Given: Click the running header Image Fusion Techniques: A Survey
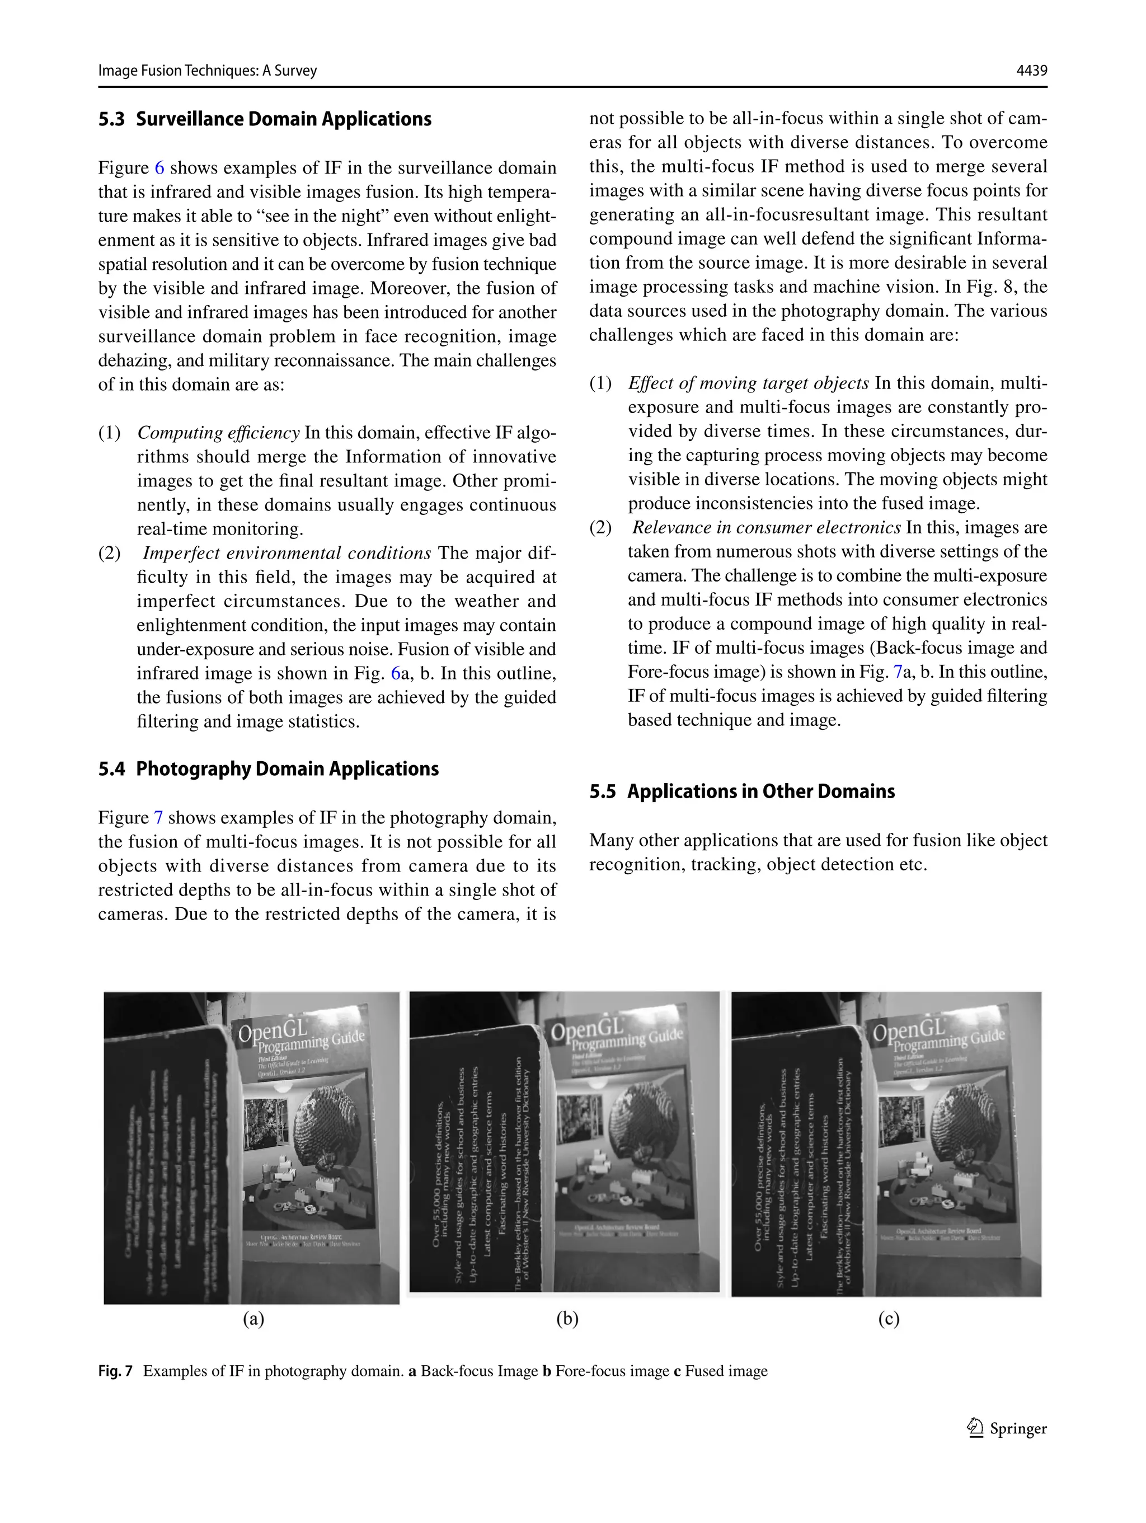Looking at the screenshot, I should click(x=207, y=71).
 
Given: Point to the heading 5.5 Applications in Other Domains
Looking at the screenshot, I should click(x=741, y=792).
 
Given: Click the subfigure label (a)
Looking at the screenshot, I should click(x=253, y=1319).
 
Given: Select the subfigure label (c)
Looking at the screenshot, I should click(x=889, y=1319).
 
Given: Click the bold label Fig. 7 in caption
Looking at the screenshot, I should click(x=115, y=1371).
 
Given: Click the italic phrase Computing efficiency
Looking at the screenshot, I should click(x=218, y=433).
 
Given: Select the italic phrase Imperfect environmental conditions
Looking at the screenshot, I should click(x=286, y=554).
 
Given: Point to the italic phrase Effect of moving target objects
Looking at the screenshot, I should click(x=748, y=383).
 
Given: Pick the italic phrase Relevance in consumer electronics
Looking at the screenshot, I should click(x=766, y=528).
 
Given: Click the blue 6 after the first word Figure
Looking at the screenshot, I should click(x=159, y=168).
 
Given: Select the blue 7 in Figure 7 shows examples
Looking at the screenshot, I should click(x=158, y=818).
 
